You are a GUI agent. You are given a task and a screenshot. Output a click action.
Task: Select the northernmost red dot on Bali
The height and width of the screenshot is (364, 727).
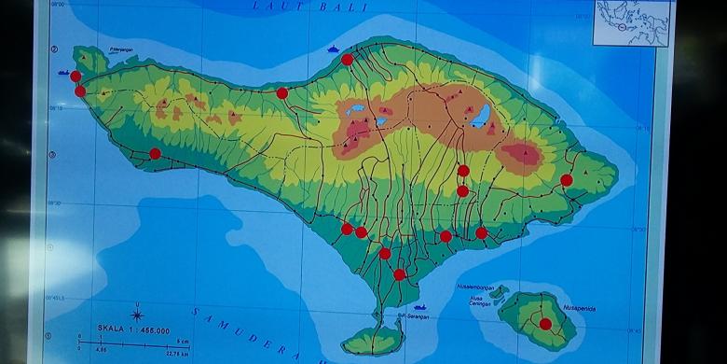click(x=347, y=59)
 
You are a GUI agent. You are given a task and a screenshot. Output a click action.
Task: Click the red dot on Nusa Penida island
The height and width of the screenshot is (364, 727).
click(x=545, y=324)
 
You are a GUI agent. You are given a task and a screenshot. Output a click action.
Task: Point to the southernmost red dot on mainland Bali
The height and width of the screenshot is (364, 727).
click(x=400, y=274)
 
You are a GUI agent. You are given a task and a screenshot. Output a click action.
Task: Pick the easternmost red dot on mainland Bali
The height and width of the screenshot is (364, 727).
click(x=567, y=180)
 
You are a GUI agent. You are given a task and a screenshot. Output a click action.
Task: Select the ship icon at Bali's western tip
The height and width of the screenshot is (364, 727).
click(x=63, y=72)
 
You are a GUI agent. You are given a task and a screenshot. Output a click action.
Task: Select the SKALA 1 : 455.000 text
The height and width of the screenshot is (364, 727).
click(x=134, y=330)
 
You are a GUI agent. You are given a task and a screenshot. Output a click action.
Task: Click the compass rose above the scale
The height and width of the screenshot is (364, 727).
click(x=137, y=312)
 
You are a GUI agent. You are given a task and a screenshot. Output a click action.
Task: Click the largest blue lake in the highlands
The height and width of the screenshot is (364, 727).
click(x=480, y=116)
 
